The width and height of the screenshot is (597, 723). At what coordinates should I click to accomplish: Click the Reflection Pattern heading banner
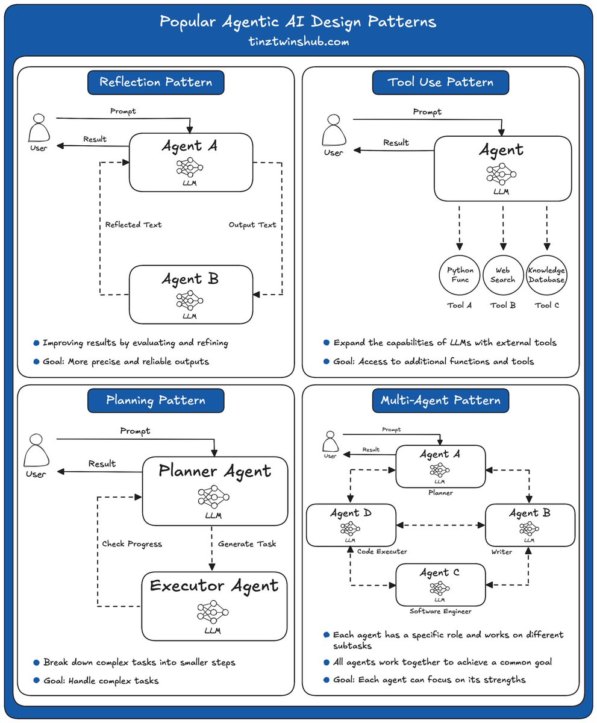[x=155, y=82]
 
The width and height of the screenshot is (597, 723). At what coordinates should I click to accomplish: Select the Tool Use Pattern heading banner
[x=440, y=82]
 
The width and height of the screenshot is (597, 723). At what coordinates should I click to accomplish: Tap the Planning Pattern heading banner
[x=155, y=400]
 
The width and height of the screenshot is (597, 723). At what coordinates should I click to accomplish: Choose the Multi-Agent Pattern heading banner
[x=440, y=400]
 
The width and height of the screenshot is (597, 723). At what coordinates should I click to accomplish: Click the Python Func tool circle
[x=460, y=275]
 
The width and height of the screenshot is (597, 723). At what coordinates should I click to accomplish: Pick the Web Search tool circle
[x=503, y=275]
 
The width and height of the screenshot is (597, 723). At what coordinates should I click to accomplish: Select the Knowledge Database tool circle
[x=547, y=275]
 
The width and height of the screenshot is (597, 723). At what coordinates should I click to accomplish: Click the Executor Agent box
[x=214, y=606]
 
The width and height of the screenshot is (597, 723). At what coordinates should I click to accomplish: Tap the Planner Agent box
[x=214, y=491]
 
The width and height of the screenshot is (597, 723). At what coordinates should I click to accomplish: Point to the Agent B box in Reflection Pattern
[x=190, y=294]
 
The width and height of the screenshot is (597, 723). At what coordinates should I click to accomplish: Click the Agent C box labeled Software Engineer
[x=440, y=585]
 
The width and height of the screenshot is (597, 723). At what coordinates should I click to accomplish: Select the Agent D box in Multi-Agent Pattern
[x=351, y=525]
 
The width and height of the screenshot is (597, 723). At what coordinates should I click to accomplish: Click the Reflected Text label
[x=133, y=225]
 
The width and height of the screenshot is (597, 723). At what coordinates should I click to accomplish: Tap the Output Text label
[x=252, y=225]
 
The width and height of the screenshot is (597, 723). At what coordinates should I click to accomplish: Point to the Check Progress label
[x=133, y=543]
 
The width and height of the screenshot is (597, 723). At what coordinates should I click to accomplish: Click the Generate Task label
[x=247, y=543]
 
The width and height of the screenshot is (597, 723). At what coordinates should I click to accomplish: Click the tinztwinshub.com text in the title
[x=298, y=43]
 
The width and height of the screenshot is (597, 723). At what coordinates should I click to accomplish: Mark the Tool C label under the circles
[x=547, y=305]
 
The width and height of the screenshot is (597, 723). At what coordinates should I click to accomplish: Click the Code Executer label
[x=382, y=552]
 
